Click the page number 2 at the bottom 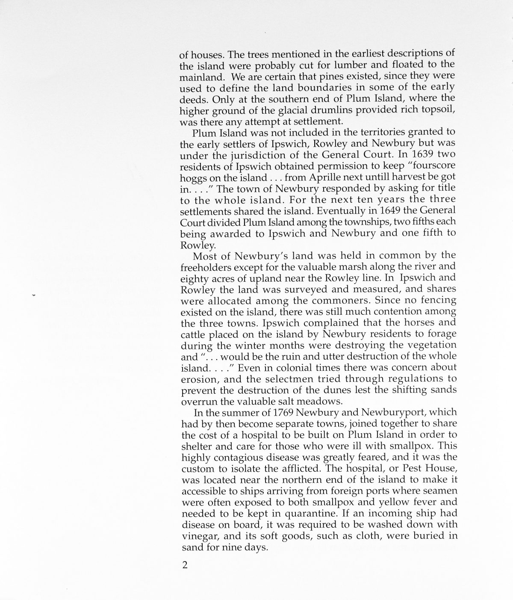[x=185, y=565]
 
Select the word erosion [x=197, y=379]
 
